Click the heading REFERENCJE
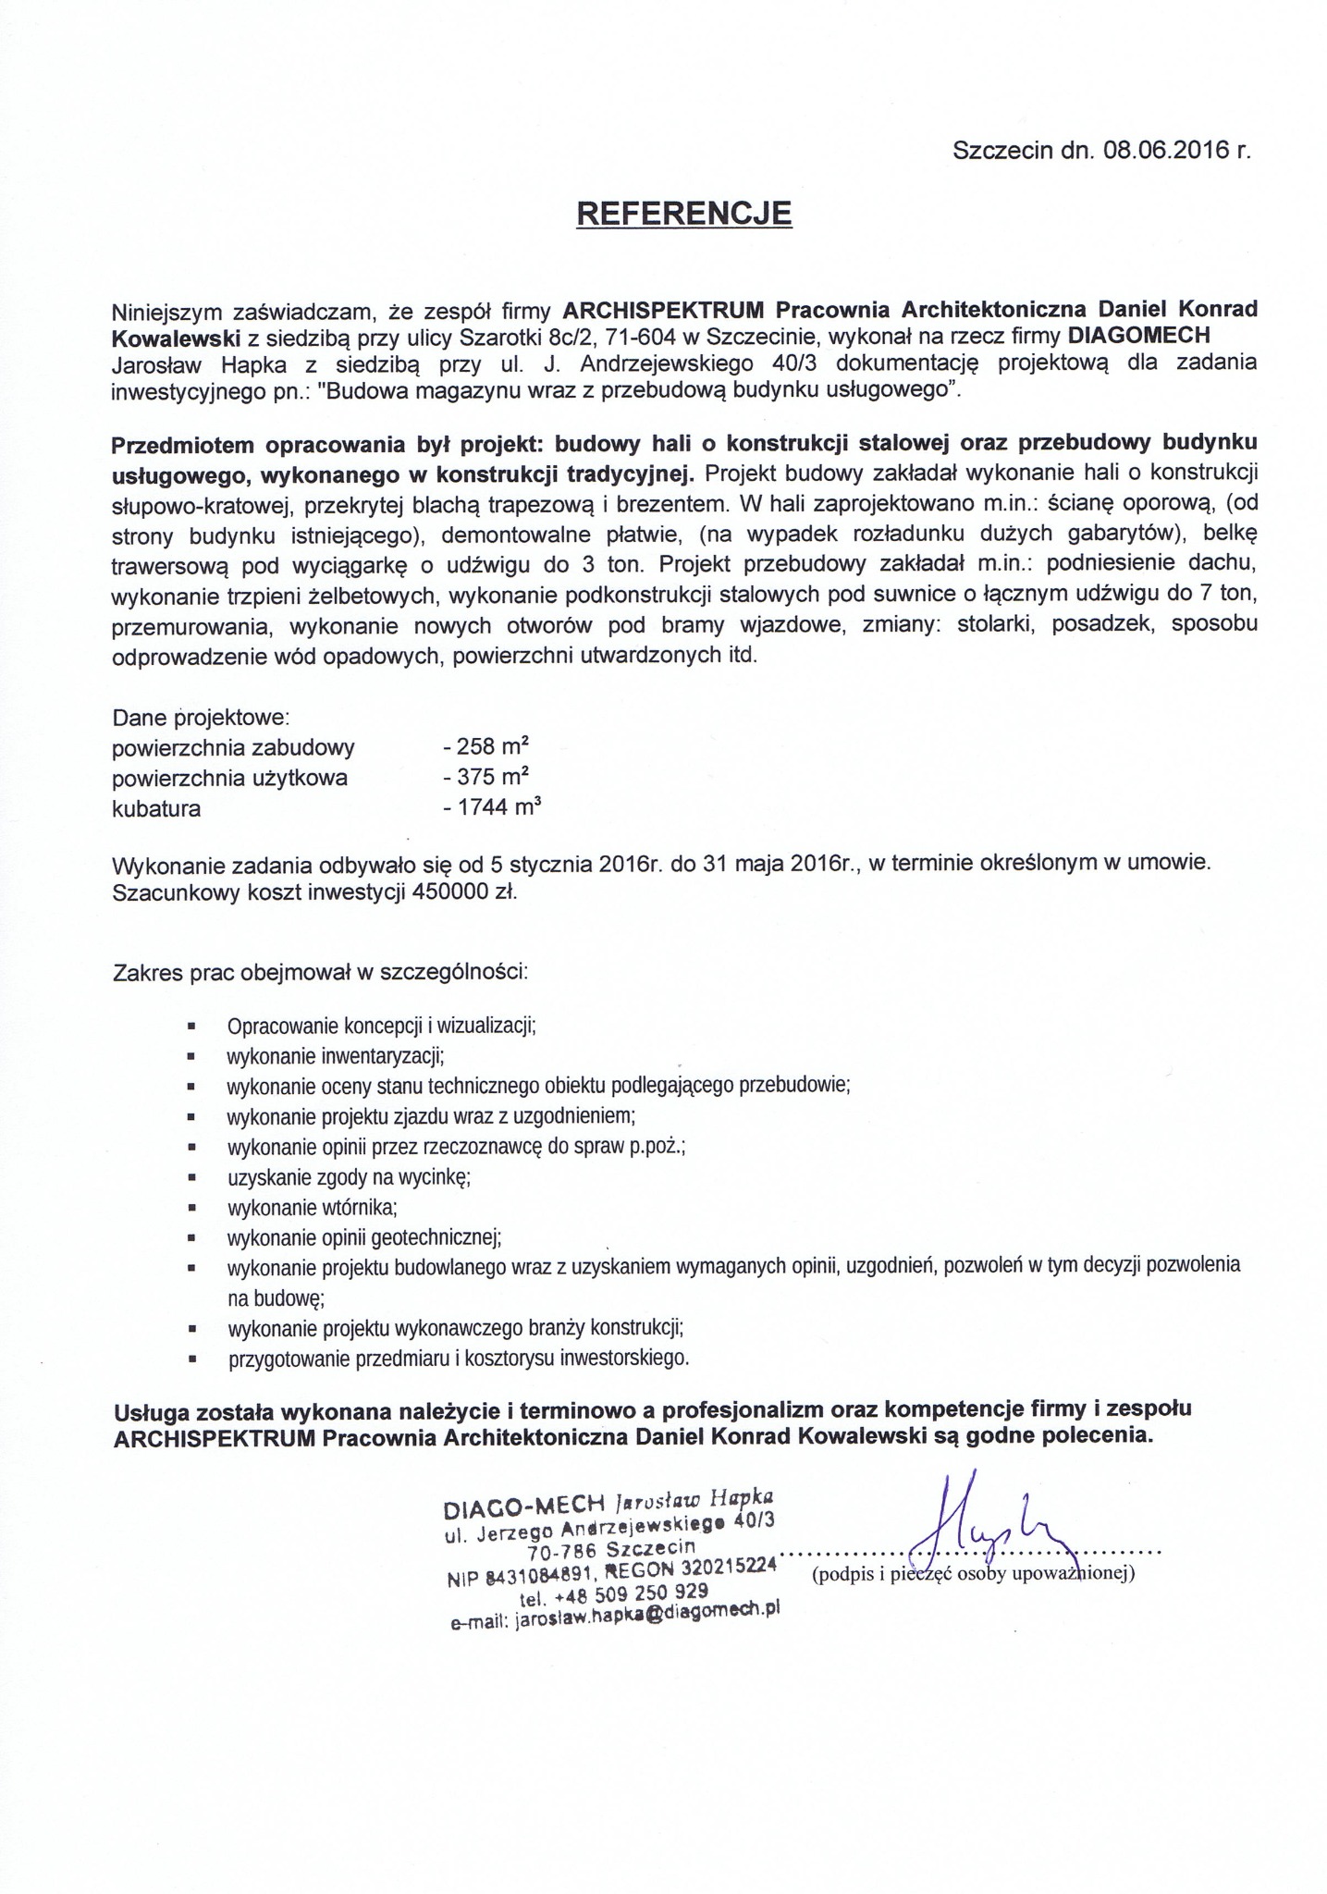[x=684, y=214]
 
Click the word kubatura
[x=156, y=808]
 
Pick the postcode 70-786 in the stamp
[x=560, y=1553]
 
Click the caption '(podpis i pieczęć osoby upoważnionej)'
[x=973, y=1574]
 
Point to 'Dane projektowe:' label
[x=202, y=717]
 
